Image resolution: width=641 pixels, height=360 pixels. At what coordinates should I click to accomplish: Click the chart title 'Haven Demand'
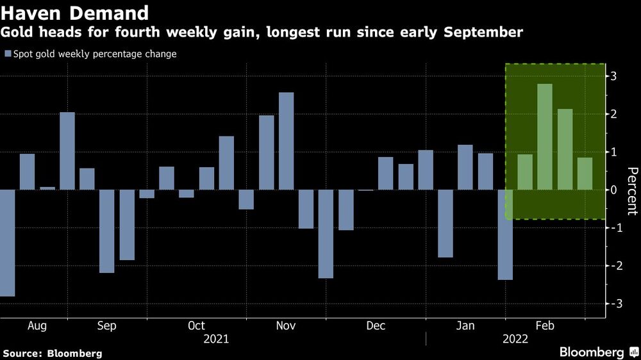(x=76, y=12)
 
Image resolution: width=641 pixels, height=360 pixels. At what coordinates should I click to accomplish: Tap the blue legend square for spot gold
(x=8, y=54)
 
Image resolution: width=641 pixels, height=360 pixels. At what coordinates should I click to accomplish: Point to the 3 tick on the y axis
(x=614, y=76)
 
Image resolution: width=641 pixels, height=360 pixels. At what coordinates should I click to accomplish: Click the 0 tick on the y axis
(x=614, y=190)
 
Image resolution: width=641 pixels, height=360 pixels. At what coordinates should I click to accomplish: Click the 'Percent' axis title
(x=632, y=191)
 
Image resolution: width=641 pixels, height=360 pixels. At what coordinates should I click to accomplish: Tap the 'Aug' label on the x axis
(x=37, y=325)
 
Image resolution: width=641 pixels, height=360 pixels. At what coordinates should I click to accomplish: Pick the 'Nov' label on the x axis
(x=285, y=325)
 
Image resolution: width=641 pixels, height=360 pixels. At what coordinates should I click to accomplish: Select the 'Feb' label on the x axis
(x=545, y=325)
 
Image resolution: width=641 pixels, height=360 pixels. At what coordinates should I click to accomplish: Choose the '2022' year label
(x=515, y=339)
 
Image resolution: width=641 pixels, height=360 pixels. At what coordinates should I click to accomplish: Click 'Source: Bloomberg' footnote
(x=53, y=353)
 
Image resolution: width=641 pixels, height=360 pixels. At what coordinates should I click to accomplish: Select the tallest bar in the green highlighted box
(x=545, y=136)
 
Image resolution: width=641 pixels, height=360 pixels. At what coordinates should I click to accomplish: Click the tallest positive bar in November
(x=287, y=141)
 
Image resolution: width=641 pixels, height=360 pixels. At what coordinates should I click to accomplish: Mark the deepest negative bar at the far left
(x=6, y=243)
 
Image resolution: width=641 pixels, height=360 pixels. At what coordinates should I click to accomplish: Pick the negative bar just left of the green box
(x=505, y=234)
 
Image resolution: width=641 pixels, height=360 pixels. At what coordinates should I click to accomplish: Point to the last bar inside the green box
(x=585, y=174)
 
